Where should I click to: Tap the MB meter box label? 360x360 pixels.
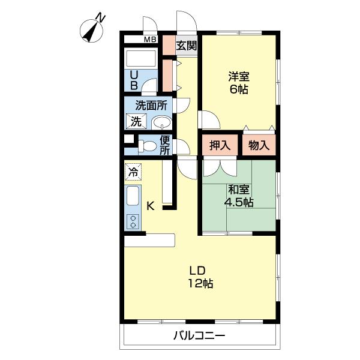pyautogui.click(x=150, y=40)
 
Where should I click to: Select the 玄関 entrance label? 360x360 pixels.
pyautogui.click(x=186, y=44)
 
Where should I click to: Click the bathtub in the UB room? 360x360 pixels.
pyautogui.click(x=140, y=60)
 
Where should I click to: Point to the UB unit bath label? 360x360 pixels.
pyautogui.click(x=134, y=80)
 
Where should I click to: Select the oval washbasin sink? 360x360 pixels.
pyautogui.click(x=161, y=123)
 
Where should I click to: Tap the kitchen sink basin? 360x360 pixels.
pyautogui.click(x=133, y=197)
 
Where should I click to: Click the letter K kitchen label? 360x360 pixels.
pyautogui.click(x=151, y=206)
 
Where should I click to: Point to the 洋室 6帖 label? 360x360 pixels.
pyautogui.click(x=238, y=83)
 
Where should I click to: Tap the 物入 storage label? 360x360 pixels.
pyautogui.click(x=259, y=145)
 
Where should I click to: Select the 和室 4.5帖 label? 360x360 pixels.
pyautogui.click(x=238, y=196)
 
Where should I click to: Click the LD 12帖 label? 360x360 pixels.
pyautogui.click(x=201, y=277)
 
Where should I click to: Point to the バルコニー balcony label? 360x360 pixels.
pyautogui.click(x=200, y=336)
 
